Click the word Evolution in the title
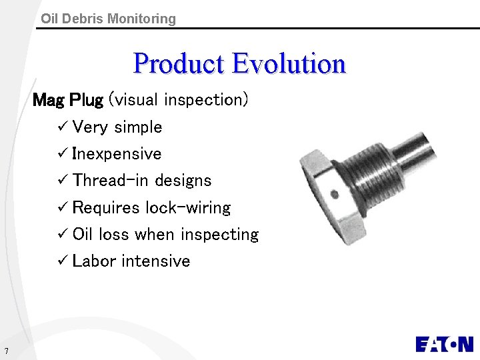click(x=289, y=64)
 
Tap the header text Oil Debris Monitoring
click(x=108, y=19)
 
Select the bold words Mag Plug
click(x=68, y=100)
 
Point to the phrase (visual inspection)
click(x=179, y=100)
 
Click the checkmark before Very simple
click(x=63, y=127)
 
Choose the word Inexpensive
click(x=117, y=154)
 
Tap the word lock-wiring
click(x=188, y=207)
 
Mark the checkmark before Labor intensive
click(x=63, y=261)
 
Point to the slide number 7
click(x=5, y=351)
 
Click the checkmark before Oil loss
click(x=63, y=234)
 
